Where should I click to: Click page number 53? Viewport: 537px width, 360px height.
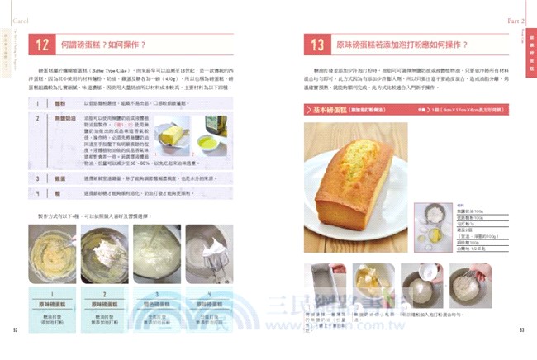click(521, 329)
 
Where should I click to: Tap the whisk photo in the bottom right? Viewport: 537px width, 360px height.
click(473, 286)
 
